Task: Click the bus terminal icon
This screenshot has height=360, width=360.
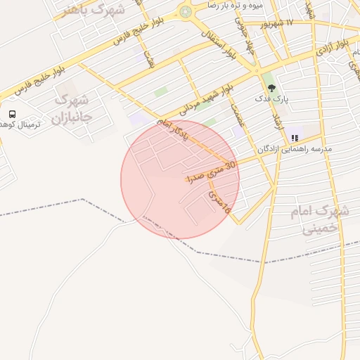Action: (x=12, y=114)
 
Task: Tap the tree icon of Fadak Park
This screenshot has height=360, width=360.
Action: (x=272, y=88)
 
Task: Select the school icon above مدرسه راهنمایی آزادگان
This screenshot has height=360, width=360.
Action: (x=294, y=139)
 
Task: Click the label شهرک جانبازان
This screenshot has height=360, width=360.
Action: (x=72, y=108)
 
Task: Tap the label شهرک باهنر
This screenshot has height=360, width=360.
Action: (x=93, y=9)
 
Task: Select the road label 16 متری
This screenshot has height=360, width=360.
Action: (x=219, y=200)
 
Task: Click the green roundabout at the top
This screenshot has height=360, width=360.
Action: (x=186, y=11)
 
